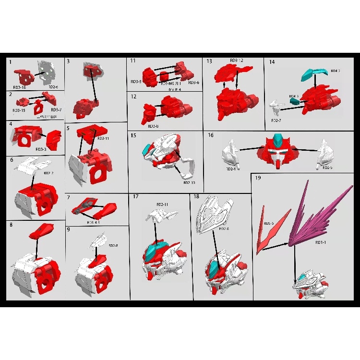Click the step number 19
(x=258, y=179)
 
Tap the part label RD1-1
(x=321, y=243)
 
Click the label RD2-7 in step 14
(x=276, y=120)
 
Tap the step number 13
(x=209, y=61)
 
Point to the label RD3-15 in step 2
(x=20, y=110)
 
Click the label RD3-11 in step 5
(x=103, y=138)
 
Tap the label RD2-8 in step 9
(x=113, y=245)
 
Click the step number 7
(x=69, y=197)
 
